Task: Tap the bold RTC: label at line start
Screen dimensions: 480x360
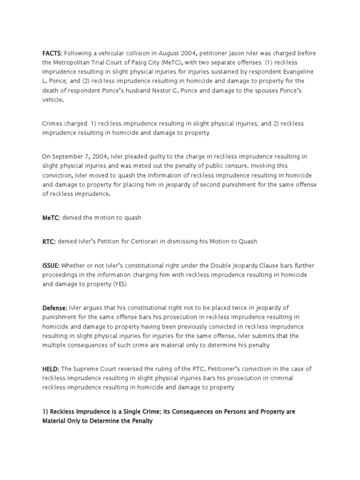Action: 49,241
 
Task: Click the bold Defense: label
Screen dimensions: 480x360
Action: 55,307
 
